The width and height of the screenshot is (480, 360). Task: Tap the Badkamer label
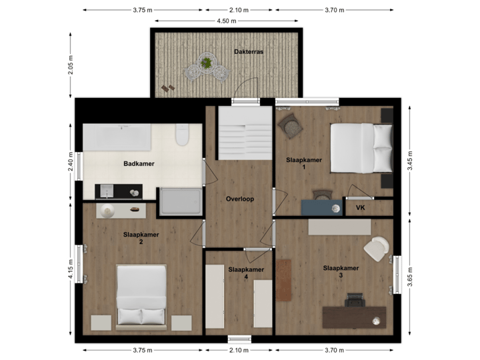coord(139,163)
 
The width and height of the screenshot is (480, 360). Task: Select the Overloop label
coord(240,199)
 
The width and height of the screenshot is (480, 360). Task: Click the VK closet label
coord(361,207)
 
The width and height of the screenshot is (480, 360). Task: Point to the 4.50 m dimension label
coord(226,21)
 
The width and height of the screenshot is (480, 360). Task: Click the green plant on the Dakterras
coord(207,63)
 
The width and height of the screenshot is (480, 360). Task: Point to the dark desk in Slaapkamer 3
coord(354,316)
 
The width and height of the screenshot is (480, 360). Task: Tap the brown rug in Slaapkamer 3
coord(285,280)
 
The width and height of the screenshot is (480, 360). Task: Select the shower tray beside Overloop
coord(179,203)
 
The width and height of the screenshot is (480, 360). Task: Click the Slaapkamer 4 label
coord(246,273)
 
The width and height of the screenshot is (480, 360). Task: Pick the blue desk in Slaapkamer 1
coord(322,207)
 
